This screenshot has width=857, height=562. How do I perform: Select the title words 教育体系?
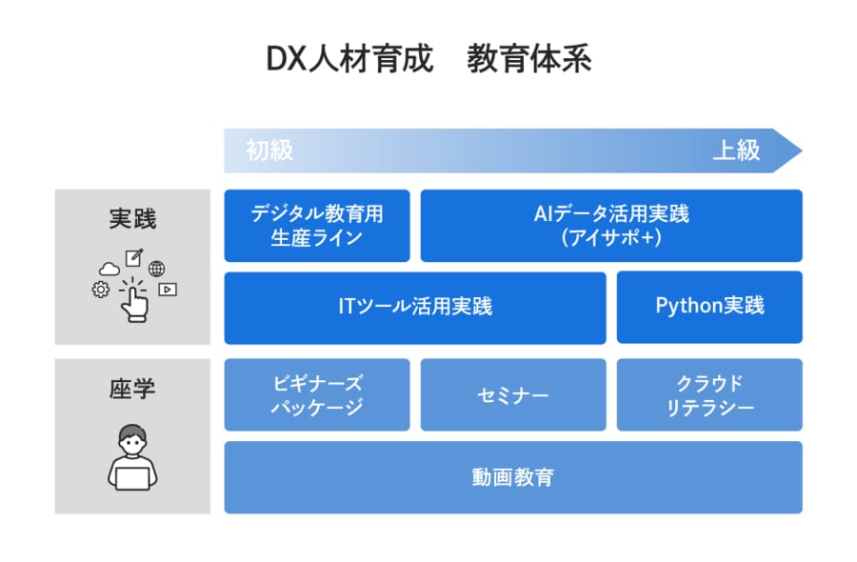click(528, 60)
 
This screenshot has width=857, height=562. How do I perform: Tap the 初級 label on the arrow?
click(269, 151)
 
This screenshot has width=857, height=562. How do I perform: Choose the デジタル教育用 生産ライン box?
click(317, 226)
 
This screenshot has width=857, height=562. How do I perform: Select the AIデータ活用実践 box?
click(611, 226)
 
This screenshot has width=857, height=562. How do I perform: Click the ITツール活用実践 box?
click(415, 308)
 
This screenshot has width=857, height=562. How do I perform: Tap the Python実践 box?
click(709, 307)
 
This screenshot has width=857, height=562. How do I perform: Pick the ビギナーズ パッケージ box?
click(317, 394)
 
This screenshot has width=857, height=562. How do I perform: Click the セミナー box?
click(513, 394)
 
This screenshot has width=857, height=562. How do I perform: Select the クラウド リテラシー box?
click(709, 394)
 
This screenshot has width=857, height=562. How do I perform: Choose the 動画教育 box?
click(513, 477)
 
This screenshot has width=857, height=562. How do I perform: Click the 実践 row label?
click(132, 219)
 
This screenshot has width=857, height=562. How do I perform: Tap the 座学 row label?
click(132, 389)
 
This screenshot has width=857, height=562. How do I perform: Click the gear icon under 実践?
click(100, 289)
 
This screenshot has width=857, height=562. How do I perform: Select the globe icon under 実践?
click(156, 270)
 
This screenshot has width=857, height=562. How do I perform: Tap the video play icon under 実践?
click(168, 290)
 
